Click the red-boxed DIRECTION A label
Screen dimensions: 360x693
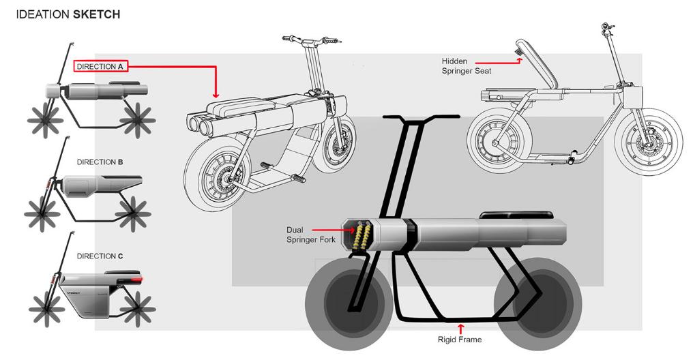pos(100,66)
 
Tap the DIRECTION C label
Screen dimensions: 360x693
pos(100,256)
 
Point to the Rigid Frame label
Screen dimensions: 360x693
pos(460,339)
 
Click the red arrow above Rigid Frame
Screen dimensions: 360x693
pos(460,328)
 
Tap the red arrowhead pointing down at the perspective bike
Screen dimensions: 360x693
pos(216,93)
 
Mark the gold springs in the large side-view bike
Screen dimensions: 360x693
pos(360,235)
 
